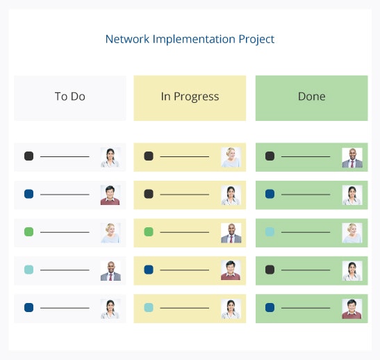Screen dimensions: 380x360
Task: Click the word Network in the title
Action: [x=127, y=39]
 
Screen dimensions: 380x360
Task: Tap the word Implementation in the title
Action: [x=194, y=40]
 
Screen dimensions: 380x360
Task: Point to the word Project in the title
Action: [x=256, y=40]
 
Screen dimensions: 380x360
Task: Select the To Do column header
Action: [x=69, y=98]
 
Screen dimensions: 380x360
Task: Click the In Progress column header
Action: [x=190, y=98]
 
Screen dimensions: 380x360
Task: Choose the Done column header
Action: [x=312, y=98]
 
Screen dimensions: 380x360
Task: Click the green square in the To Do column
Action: [x=29, y=231]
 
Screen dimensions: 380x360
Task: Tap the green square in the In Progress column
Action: [x=149, y=231]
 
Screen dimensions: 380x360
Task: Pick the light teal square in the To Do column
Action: [x=29, y=270]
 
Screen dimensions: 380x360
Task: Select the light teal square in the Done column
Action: [x=270, y=231]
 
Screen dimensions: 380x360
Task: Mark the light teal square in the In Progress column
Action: [x=149, y=307]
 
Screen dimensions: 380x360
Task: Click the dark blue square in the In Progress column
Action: [x=149, y=270]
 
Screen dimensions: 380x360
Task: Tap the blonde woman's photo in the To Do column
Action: [x=110, y=233]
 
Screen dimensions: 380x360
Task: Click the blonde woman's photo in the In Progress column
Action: [x=231, y=157]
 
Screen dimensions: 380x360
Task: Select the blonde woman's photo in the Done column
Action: [x=352, y=233]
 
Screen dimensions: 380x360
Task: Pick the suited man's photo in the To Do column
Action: [x=110, y=270]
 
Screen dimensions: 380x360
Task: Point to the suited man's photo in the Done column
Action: [x=352, y=158]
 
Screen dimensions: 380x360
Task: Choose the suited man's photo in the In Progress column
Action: [x=231, y=233]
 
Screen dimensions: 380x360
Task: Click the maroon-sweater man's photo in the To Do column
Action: [x=110, y=195]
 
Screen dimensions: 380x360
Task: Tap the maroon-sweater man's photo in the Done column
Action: [x=352, y=309]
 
